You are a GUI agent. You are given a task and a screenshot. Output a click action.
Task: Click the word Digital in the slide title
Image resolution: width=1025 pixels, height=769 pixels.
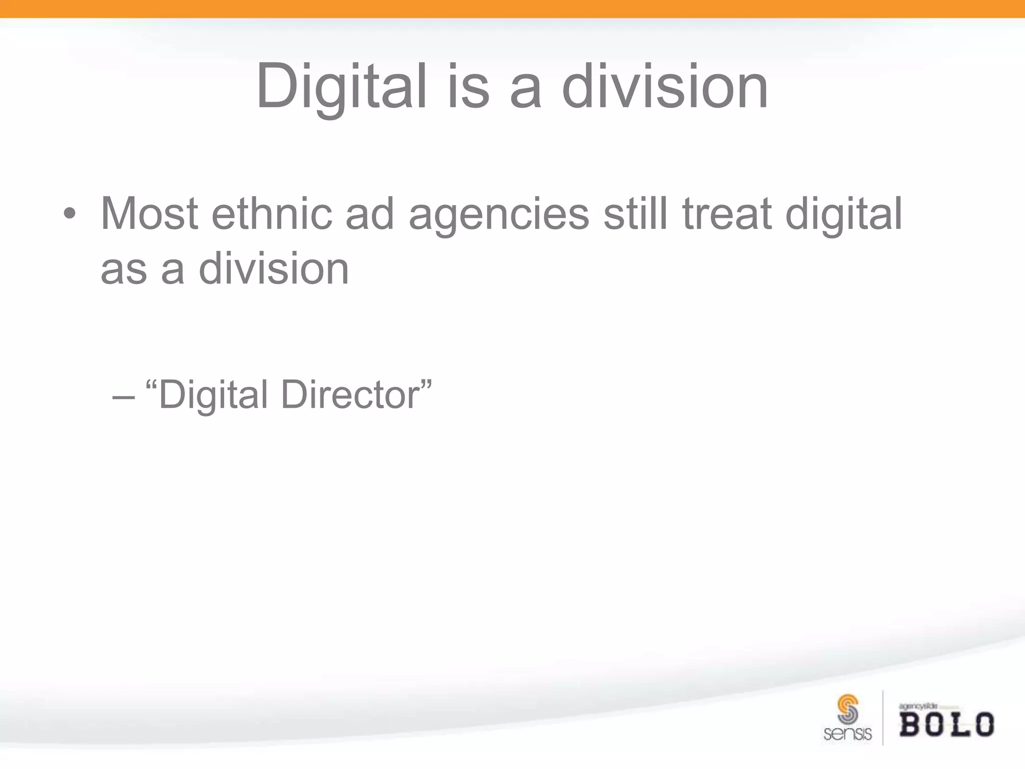341,87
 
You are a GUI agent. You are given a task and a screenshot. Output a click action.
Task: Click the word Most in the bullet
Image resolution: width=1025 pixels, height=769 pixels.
149,214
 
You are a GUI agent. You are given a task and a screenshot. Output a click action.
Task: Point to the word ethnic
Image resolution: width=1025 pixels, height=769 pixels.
272,214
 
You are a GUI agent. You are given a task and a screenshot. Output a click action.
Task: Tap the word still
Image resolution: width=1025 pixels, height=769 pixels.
636,214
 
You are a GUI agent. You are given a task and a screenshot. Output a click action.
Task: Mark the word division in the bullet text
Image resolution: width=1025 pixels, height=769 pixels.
274,269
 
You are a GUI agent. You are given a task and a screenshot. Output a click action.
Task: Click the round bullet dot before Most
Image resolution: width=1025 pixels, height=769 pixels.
70,215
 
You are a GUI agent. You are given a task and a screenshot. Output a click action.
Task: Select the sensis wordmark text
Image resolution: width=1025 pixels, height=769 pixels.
847,734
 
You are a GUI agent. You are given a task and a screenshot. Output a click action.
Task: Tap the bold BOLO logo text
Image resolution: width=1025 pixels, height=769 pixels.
946,724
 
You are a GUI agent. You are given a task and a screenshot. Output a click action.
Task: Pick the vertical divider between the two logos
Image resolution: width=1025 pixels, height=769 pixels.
883,717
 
